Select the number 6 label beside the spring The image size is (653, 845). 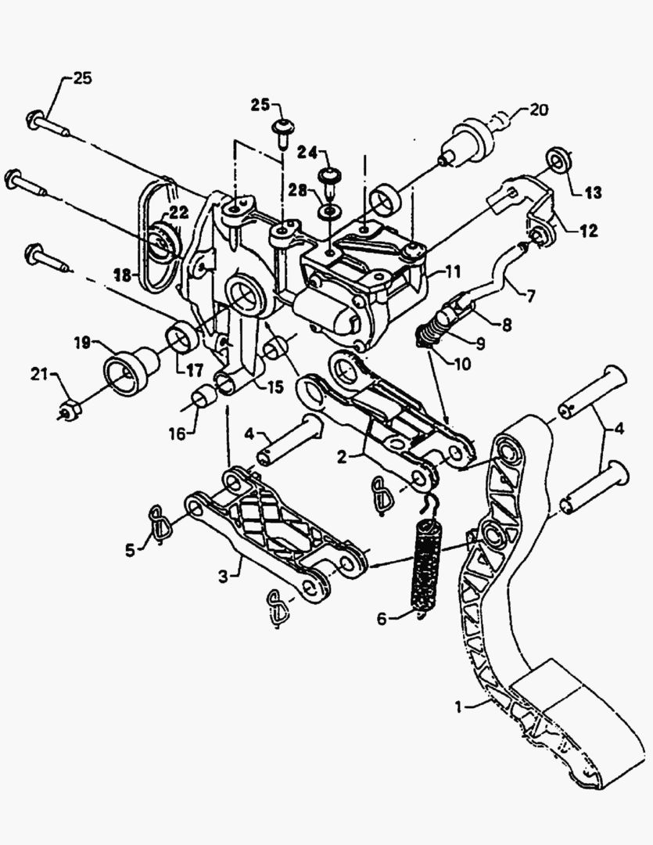coord(381,618)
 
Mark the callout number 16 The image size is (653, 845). coord(180,431)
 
